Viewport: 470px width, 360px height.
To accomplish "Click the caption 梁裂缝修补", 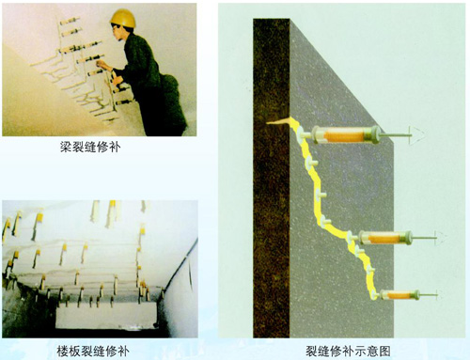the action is click(x=90, y=147).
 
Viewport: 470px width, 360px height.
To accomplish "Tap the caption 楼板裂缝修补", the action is click(x=93, y=351).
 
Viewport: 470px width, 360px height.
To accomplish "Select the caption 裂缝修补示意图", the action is click(x=348, y=351).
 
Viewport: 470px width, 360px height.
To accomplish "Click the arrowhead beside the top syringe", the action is click(x=417, y=135).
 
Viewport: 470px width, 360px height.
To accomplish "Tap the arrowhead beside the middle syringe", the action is click(x=441, y=238).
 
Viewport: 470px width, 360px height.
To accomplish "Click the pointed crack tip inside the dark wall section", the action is click(x=267, y=123).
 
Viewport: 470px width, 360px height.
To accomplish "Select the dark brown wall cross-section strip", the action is click(x=272, y=178).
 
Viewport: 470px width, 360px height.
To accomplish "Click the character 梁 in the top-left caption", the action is click(x=66, y=147).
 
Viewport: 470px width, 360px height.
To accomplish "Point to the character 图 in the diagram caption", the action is click(x=385, y=351).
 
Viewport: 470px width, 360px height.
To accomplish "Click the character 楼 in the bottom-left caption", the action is click(x=63, y=351).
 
